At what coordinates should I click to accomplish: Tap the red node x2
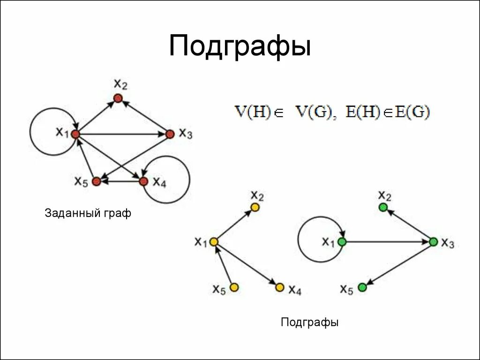[118, 98]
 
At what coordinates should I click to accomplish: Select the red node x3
[170, 134]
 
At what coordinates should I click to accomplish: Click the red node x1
[75, 134]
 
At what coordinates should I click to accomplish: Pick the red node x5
[96, 181]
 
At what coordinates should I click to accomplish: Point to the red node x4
[144, 181]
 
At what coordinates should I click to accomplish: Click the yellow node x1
[213, 242]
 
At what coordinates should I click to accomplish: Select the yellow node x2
[255, 207]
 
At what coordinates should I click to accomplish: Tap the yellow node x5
[234, 287]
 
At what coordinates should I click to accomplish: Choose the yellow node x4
[280, 287]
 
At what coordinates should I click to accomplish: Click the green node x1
[342, 242]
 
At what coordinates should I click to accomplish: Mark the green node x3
[433, 242]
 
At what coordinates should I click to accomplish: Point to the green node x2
[383, 207]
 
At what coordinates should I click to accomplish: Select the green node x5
[362, 287]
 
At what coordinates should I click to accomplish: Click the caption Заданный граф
[88, 214]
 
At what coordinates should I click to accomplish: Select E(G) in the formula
[412, 112]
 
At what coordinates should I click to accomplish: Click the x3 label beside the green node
[448, 243]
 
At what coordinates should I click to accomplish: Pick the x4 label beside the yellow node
[294, 290]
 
